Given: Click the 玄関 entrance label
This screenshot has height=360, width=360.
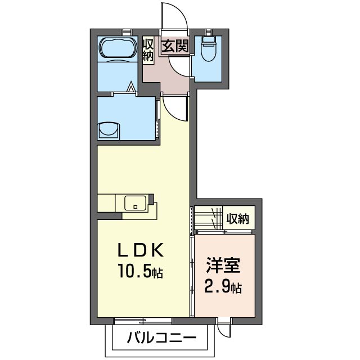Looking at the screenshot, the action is pos(175,46).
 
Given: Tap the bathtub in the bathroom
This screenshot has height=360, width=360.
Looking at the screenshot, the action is pos(118,48).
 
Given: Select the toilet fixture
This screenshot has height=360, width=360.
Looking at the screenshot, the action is pos(208,49).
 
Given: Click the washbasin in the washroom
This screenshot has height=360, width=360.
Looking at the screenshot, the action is pos(109,131).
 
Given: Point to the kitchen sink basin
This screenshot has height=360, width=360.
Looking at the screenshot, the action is pos(135,203).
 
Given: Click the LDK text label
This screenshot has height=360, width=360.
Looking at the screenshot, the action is pos(141,250).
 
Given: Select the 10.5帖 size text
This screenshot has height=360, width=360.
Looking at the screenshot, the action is pos(141,271).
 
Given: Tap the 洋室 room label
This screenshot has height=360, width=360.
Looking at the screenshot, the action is pos(223,265).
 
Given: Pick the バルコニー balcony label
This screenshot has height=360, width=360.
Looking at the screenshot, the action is pos(162,337).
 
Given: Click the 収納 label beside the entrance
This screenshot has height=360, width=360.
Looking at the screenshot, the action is pos(148,50).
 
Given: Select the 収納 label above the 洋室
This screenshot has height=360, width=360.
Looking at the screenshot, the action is pos(237,219).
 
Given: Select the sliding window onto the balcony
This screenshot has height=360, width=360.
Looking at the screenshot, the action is pos(143,321).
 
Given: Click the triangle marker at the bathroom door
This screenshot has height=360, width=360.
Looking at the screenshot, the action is pos(131,87).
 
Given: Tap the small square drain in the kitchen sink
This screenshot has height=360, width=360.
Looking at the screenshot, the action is pos(136,207).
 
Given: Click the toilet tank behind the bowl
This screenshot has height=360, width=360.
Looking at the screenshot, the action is pos(208,39).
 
